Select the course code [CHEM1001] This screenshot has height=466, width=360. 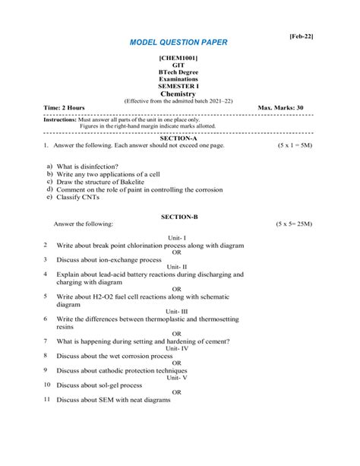(x=178, y=58)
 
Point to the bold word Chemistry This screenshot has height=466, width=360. (x=178, y=94)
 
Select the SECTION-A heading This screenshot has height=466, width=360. (x=178, y=138)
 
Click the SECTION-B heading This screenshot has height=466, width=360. (x=178, y=217)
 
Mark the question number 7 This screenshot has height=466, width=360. (x=46, y=341)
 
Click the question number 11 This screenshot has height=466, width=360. (x=46, y=399)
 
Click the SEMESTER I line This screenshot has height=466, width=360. (x=178, y=86)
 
